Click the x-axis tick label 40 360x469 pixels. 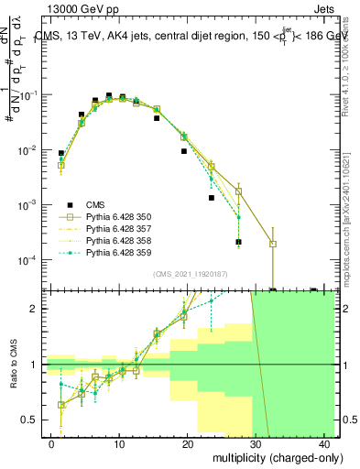pos(326,443)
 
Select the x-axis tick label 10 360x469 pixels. pos(120,443)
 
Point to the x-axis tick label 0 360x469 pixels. pos(52,443)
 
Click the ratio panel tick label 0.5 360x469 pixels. pos(30,420)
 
